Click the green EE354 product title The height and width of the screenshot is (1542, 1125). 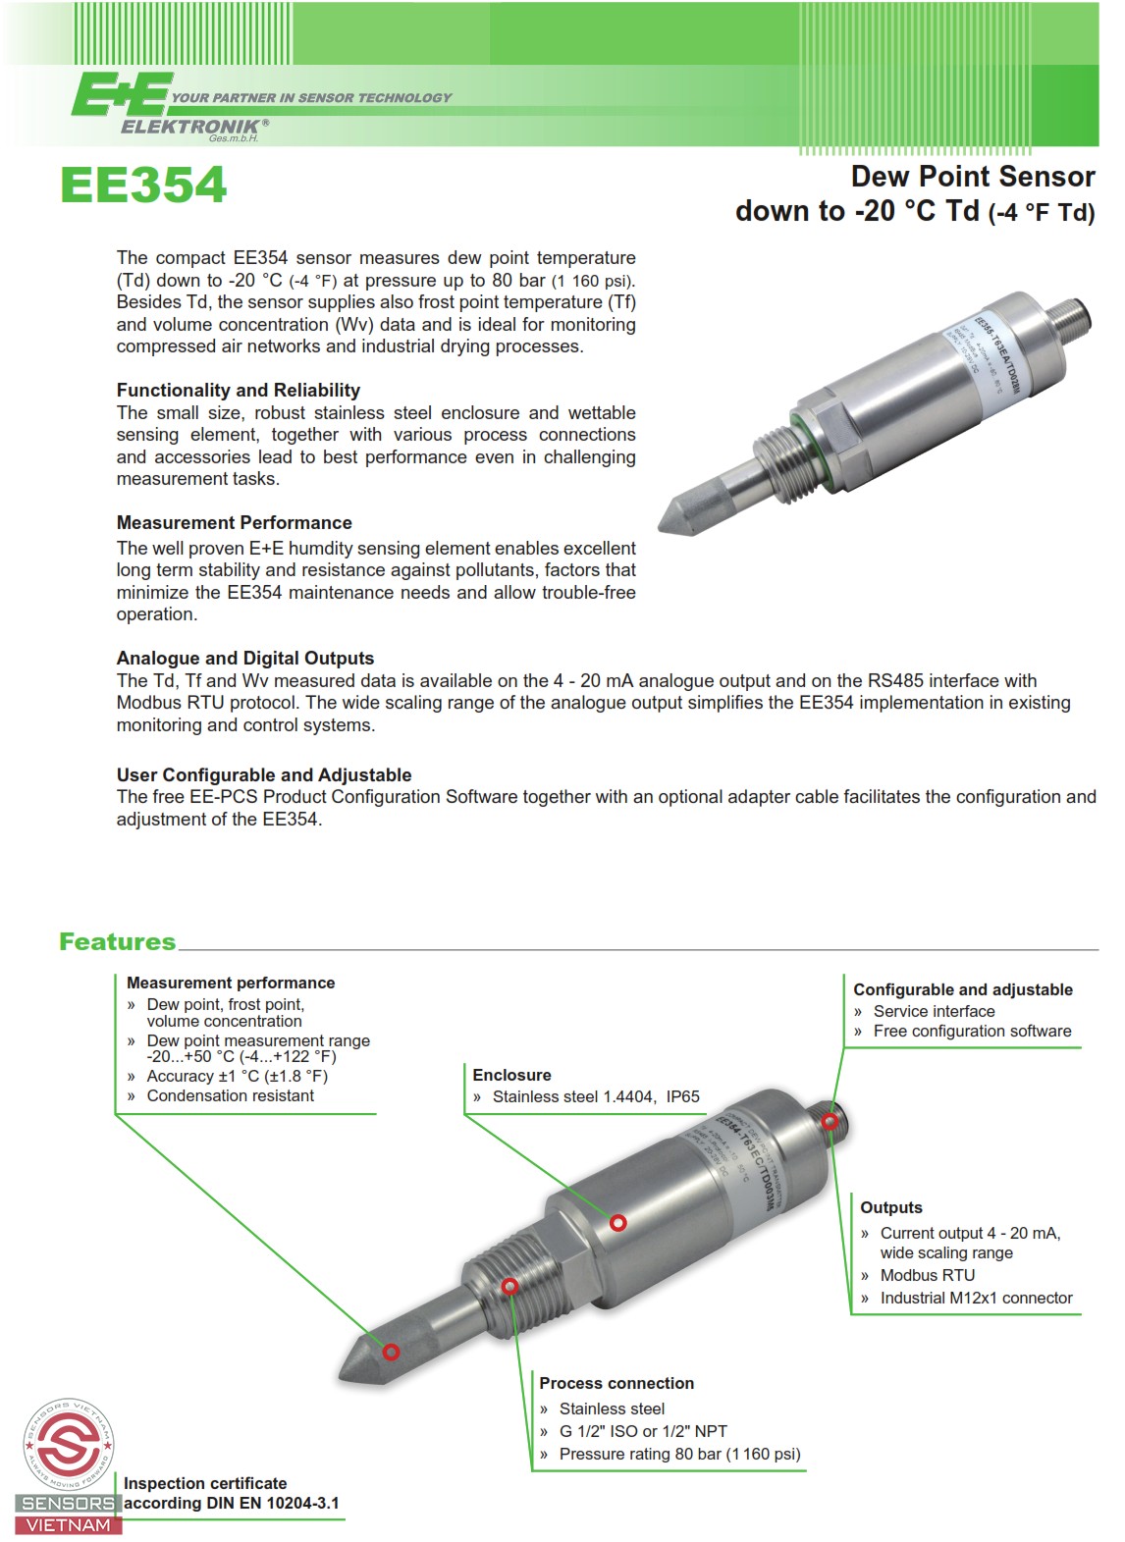tap(143, 186)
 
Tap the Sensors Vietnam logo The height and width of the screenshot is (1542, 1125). tap(68, 1466)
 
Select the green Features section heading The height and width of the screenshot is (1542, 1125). tap(117, 942)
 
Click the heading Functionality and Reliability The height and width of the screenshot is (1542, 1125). tap(238, 391)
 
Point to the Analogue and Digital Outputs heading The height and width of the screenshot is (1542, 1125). tap(244, 659)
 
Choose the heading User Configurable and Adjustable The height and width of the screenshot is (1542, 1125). tap(263, 775)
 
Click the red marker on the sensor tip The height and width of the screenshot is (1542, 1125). tap(391, 1352)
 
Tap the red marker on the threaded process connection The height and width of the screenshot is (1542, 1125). tap(509, 1287)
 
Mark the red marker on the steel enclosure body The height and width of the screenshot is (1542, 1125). tap(617, 1223)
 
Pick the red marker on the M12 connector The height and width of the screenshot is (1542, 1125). tap(830, 1122)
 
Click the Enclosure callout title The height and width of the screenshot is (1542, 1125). tap(511, 1076)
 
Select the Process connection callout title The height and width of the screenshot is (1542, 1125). tap(616, 1384)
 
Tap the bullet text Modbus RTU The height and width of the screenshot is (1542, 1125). tap(927, 1276)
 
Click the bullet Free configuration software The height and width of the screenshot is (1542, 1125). tap(972, 1032)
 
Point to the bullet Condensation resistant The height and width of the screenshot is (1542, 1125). tap(230, 1096)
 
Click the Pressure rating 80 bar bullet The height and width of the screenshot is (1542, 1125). tap(679, 1455)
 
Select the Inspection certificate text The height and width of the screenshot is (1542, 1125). tap(205, 1484)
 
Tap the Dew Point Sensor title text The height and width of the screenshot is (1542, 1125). tap(972, 178)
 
